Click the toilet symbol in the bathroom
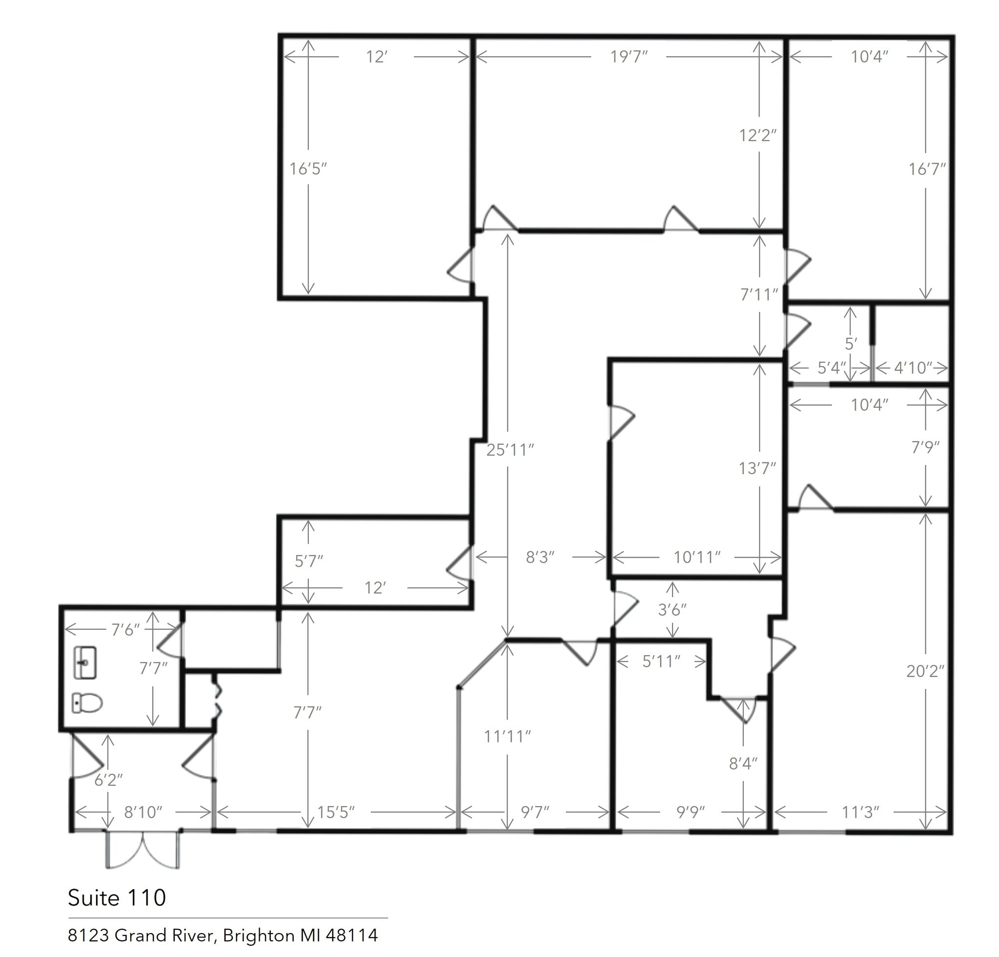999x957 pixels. click(x=87, y=703)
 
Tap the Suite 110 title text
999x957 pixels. click(x=117, y=897)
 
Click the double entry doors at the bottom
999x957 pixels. click(x=143, y=850)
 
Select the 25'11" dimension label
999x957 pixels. click(x=510, y=450)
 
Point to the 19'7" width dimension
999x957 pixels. click(x=629, y=57)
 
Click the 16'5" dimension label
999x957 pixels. click(x=308, y=169)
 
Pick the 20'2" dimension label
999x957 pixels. click(x=925, y=671)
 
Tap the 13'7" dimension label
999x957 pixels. click(x=758, y=468)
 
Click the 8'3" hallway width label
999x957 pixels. click(x=540, y=558)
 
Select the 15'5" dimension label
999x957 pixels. click(x=336, y=812)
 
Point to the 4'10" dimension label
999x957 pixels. click(x=913, y=368)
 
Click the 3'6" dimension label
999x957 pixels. click(x=672, y=610)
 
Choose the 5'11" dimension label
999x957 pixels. click(x=661, y=662)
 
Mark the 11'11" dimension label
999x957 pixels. click(x=507, y=737)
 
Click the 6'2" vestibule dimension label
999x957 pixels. click(x=108, y=780)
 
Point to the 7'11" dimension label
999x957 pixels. click(x=759, y=294)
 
